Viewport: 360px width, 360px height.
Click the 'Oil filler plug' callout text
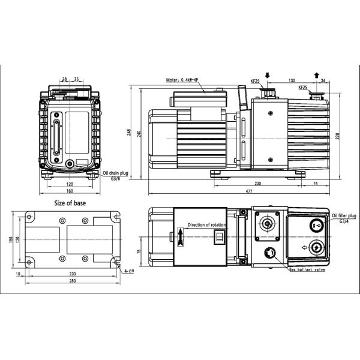click(x=344, y=214)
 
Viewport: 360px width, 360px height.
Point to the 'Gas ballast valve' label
click(x=307, y=271)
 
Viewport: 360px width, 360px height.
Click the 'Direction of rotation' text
click(x=208, y=225)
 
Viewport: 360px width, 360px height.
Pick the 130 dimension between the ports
click(x=291, y=80)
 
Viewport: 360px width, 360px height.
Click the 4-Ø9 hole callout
click(x=127, y=271)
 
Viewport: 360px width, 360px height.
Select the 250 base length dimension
click(x=72, y=281)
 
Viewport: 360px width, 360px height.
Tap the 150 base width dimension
click(x=10, y=240)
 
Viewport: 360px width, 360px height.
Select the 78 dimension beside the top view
click(x=140, y=252)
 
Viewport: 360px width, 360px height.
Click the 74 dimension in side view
click(x=316, y=184)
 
